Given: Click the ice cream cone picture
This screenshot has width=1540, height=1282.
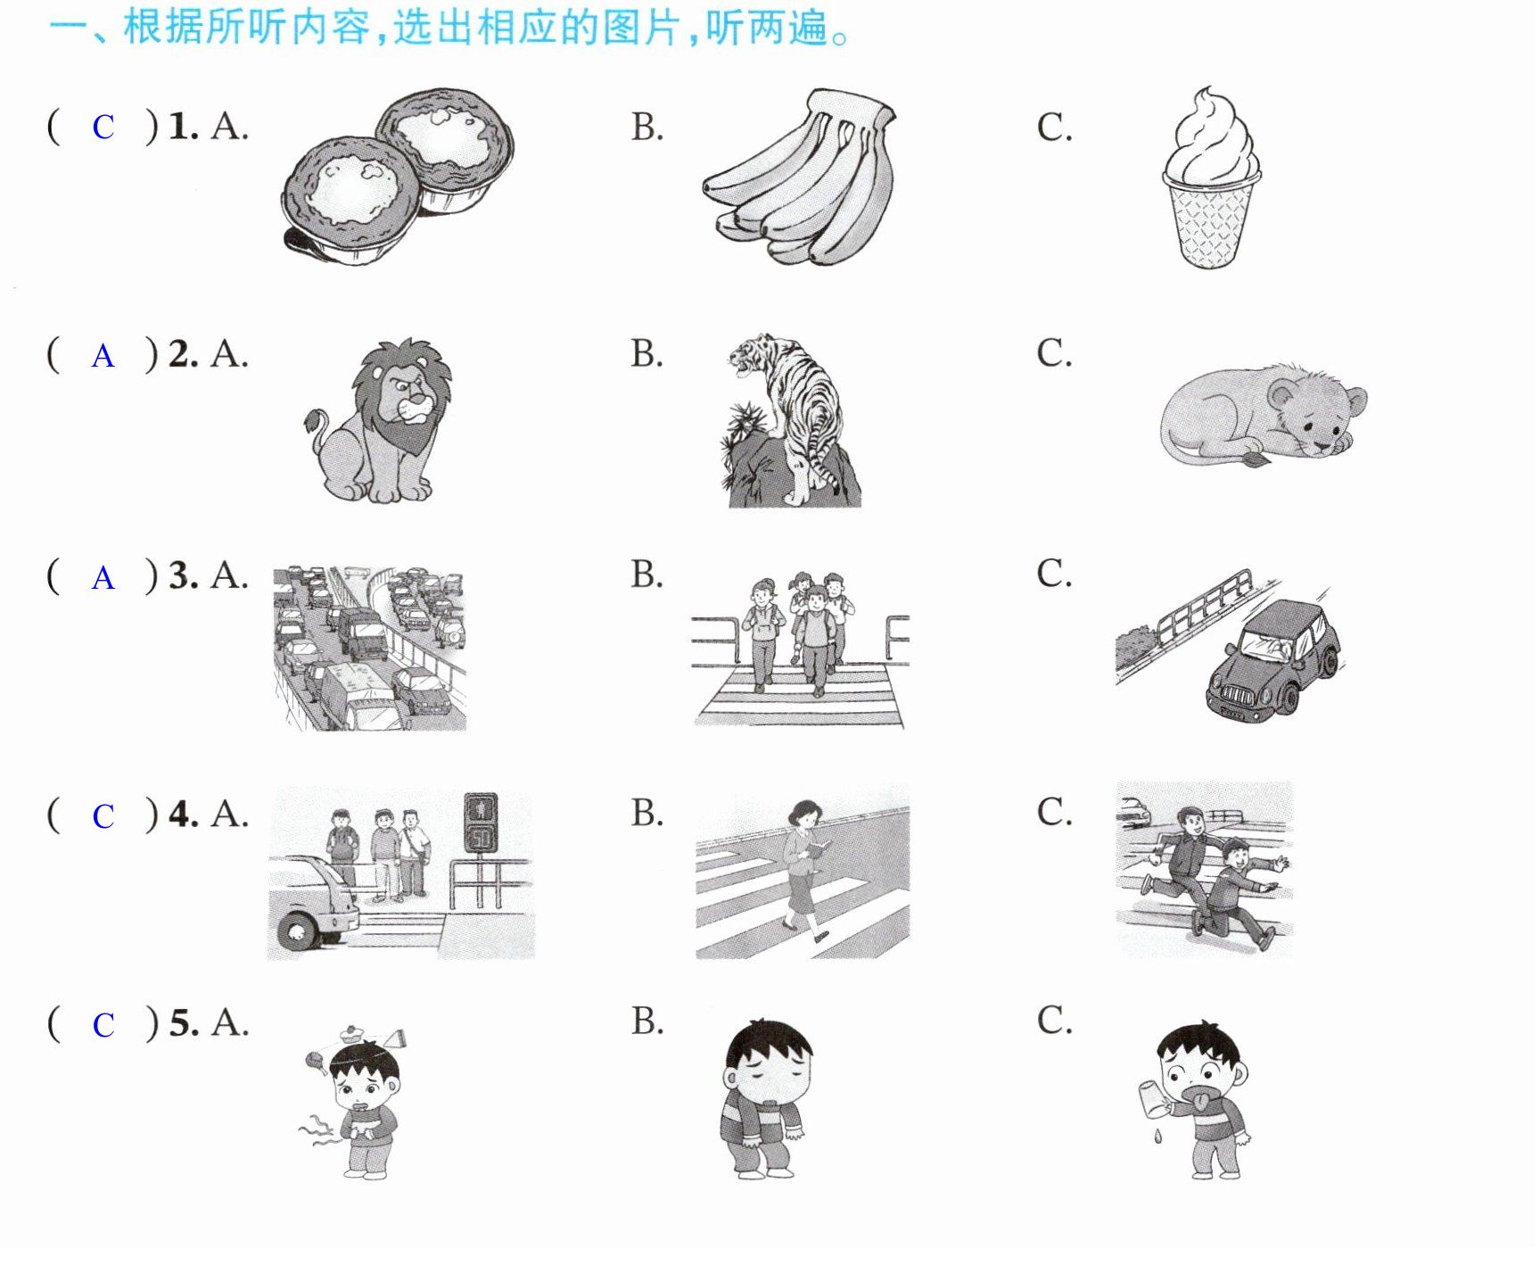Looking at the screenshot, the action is (x=1211, y=178).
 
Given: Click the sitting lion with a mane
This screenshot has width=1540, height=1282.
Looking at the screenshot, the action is (x=378, y=421).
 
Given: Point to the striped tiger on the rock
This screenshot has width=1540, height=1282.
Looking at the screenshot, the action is (x=790, y=421).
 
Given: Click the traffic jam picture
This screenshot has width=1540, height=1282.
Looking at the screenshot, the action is (x=369, y=649).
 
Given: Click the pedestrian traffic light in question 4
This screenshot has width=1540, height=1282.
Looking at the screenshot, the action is (x=482, y=823).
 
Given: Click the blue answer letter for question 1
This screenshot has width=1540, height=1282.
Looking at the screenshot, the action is (x=103, y=128).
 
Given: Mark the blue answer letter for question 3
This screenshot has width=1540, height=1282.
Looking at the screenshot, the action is (x=103, y=578).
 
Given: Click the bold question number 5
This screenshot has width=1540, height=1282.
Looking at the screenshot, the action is (x=184, y=1023).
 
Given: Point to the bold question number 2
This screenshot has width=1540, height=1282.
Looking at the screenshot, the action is (x=184, y=355).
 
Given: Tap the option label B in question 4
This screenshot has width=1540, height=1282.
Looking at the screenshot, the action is (x=647, y=813).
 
